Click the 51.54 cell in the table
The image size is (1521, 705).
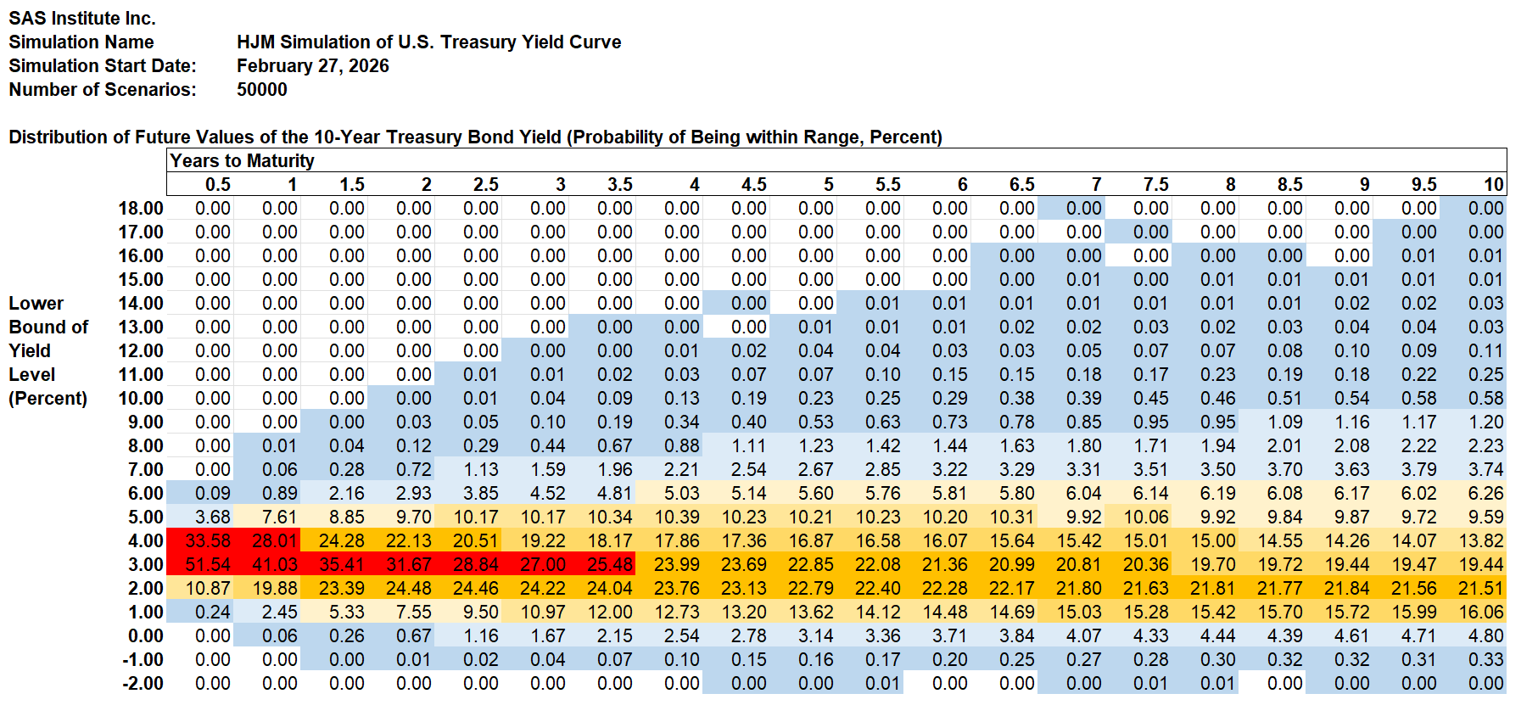[x=207, y=564]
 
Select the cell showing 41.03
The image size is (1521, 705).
[x=274, y=564]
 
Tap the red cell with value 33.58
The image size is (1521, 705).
[x=207, y=540]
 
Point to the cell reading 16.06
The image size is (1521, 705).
[x=1480, y=612]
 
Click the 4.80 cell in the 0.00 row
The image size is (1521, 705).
[x=1485, y=635]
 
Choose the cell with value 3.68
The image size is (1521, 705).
[x=212, y=517]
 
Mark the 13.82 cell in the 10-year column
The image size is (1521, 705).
[x=1480, y=540]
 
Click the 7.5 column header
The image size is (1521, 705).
[x=1155, y=184]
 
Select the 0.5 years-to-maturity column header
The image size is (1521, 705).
[x=217, y=184]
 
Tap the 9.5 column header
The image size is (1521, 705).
[x=1423, y=184]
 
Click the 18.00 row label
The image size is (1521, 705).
[x=141, y=208]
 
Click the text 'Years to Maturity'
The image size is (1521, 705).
[x=242, y=160]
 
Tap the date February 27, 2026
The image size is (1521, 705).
[x=312, y=65]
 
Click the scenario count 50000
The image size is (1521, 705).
[x=261, y=89]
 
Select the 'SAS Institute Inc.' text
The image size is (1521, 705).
[x=81, y=18]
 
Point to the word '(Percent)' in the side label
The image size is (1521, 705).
[x=48, y=398]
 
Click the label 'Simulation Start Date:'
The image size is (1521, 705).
[x=102, y=65]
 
